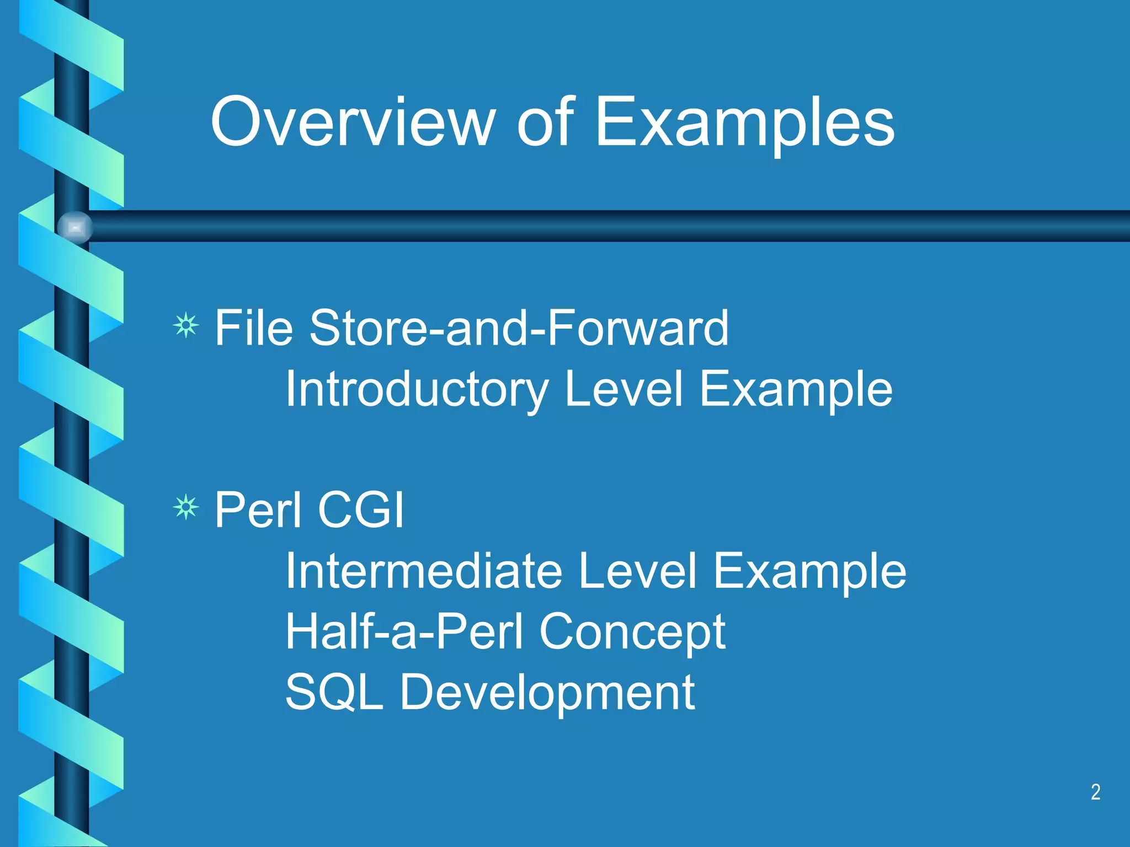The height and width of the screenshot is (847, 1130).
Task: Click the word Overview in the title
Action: pyautogui.click(x=352, y=122)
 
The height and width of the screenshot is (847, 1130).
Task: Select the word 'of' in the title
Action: pyautogui.click(x=546, y=122)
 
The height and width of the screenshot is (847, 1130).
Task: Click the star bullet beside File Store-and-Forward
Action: pyautogui.click(x=186, y=325)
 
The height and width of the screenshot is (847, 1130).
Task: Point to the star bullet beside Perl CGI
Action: pyautogui.click(x=186, y=507)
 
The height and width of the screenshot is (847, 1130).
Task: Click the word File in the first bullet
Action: pyautogui.click(x=253, y=328)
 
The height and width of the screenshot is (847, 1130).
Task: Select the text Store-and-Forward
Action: pyautogui.click(x=519, y=328)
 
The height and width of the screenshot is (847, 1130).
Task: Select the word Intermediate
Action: pyautogui.click(x=424, y=571)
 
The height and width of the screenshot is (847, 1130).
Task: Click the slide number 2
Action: pyautogui.click(x=1096, y=792)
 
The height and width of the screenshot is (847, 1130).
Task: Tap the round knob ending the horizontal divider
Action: pyautogui.click(x=75, y=227)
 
